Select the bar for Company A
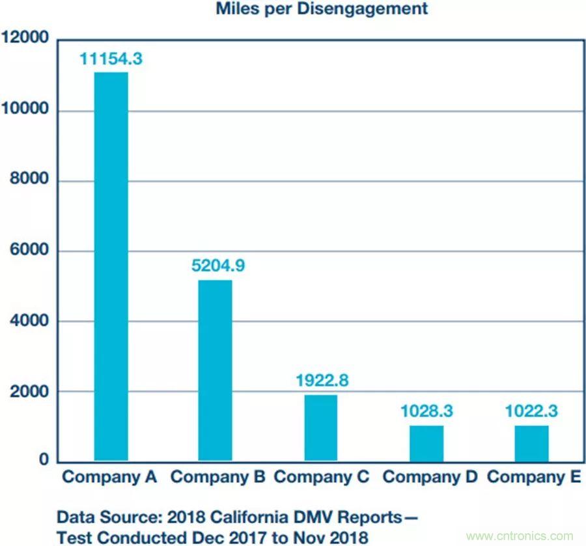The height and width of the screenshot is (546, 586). pyautogui.click(x=111, y=267)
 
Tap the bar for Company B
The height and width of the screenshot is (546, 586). pyautogui.click(x=215, y=371)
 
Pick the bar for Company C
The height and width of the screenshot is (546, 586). pyautogui.click(x=320, y=428)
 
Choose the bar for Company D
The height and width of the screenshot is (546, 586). pyautogui.click(x=426, y=443)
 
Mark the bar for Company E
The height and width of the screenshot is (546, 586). pyautogui.click(x=532, y=443)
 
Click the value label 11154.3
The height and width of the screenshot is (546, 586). pyautogui.click(x=111, y=59)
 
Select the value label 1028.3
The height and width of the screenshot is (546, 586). pyautogui.click(x=426, y=411)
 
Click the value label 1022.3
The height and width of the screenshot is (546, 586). pyautogui.click(x=532, y=411)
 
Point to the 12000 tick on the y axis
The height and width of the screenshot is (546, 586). pyautogui.click(x=25, y=38)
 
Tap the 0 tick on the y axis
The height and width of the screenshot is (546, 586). pyautogui.click(x=43, y=460)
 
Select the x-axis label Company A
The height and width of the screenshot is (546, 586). pyautogui.click(x=109, y=477)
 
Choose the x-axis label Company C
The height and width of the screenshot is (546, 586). pyautogui.click(x=321, y=477)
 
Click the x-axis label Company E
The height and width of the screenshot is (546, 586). pyautogui.click(x=534, y=477)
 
